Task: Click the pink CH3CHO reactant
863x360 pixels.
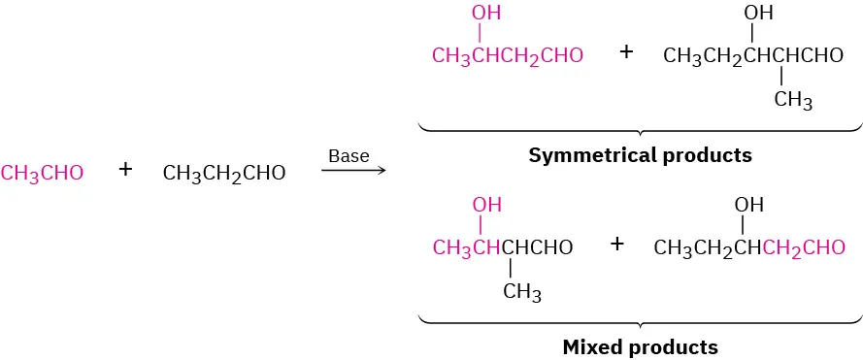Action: pyautogui.click(x=43, y=174)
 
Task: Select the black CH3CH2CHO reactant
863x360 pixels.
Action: pyautogui.click(x=224, y=174)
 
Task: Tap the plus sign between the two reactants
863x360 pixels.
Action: pyautogui.click(x=125, y=171)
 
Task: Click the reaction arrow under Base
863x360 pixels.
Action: pyautogui.click(x=352, y=172)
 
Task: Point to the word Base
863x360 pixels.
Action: pyautogui.click(x=349, y=155)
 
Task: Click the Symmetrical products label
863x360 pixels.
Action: pyautogui.click(x=640, y=155)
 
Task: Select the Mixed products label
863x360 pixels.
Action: pyautogui.click(x=640, y=346)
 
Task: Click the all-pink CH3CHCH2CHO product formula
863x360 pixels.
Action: pyautogui.click(x=508, y=56)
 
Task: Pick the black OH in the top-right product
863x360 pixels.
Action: pyautogui.click(x=758, y=14)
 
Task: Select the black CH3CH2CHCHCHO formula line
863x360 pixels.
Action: pyautogui.click(x=753, y=56)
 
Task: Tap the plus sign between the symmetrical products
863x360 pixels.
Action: pyautogui.click(x=626, y=52)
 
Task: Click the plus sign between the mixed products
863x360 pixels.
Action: pyautogui.click(x=616, y=244)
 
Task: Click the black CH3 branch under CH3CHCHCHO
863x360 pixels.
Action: pyautogui.click(x=521, y=292)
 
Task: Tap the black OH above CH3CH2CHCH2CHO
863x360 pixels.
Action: pyautogui.click(x=748, y=205)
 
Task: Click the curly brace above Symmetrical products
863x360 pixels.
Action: pyautogui.click(x=640, y=128)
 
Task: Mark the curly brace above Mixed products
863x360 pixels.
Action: pyautogui.click(x=640, y=319)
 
